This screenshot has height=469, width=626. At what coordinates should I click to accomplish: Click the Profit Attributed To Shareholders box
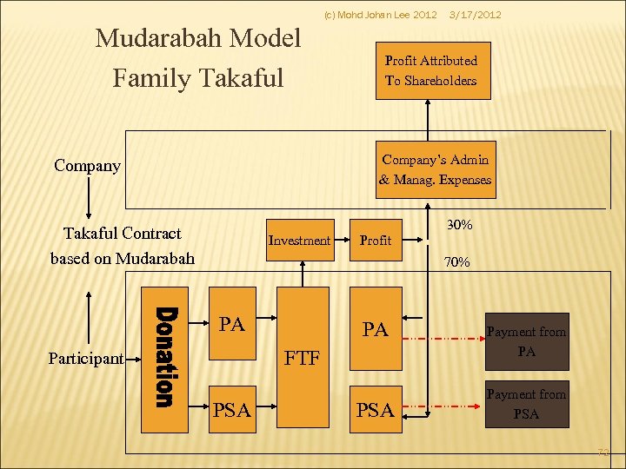(432, 70)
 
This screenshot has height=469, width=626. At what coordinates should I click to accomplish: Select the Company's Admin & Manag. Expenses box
(435, 170)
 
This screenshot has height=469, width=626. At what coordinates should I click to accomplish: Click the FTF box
(303, 357)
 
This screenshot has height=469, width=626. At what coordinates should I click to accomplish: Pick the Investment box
(299, 240)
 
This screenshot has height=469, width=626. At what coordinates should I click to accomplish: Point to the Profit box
(376, 240)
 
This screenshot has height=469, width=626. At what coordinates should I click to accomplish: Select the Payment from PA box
(526, 341)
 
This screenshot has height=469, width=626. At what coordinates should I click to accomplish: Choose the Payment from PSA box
(526, 404)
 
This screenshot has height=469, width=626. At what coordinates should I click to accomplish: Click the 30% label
(459, 225)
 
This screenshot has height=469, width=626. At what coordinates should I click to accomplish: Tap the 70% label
(457, 261)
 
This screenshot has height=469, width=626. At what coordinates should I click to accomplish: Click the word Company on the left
(87, 165)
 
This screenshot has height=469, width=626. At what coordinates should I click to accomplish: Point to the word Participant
(85, 358)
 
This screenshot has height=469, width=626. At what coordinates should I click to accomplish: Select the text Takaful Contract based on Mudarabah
(123, 246)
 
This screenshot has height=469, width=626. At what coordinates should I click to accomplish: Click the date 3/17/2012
(475, 15)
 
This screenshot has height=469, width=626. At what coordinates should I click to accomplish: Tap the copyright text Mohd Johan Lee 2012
(380, 15)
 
